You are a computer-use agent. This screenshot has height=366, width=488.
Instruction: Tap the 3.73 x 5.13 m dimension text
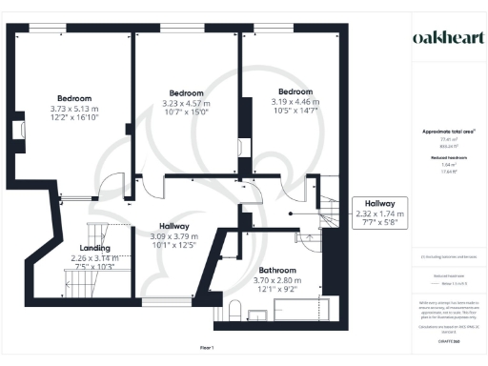click(73, 110)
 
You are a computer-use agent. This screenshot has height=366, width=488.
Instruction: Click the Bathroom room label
click(275, 271)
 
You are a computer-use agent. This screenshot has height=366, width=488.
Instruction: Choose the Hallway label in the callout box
click(379, 204)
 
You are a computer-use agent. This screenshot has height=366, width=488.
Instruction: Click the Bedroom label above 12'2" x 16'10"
click(73, 99)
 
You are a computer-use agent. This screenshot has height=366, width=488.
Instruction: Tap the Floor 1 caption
click(207, 346)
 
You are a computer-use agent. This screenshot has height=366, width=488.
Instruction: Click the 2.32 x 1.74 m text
click(379, 214)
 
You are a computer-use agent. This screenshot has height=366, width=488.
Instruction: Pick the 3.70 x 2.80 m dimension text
click(275, 281)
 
